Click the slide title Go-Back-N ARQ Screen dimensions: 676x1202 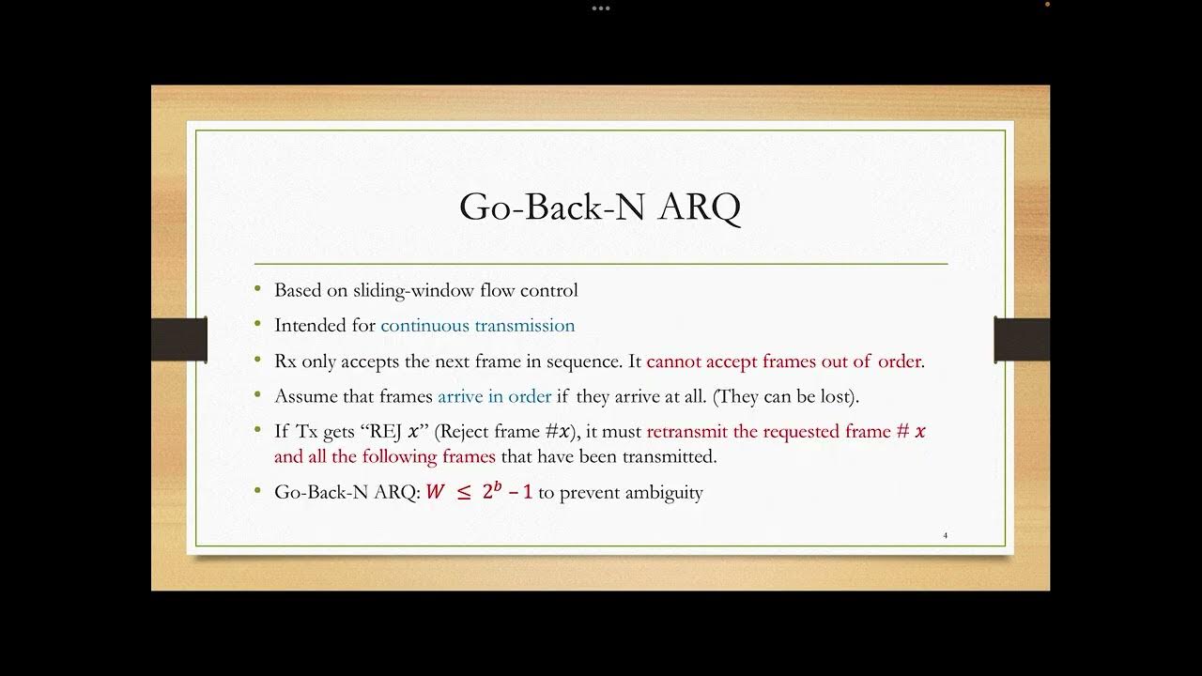(x=600, y=207)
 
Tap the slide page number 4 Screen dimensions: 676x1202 (x=945, y=535)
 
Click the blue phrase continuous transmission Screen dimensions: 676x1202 (x=477, y=326)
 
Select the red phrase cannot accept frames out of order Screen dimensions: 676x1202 (x=784, y=361)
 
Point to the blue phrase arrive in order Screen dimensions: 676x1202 (x=494, y=396)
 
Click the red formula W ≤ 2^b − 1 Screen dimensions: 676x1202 (x=479, y=492)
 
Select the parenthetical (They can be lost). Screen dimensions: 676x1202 (x=786, y=396)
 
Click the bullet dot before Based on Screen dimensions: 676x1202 (x=258, y=290)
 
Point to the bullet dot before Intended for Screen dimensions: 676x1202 (x=258, y=326)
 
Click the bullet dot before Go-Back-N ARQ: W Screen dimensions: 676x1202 (x=258, y=492)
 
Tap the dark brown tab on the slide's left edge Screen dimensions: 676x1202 (x=178, y=339)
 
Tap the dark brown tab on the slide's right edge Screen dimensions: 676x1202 (x=1022, y=339)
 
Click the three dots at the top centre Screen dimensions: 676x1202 (x=601, y=8)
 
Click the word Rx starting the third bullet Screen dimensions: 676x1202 (x=285, y=361)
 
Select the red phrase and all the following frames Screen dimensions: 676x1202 (x=384, y=457)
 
